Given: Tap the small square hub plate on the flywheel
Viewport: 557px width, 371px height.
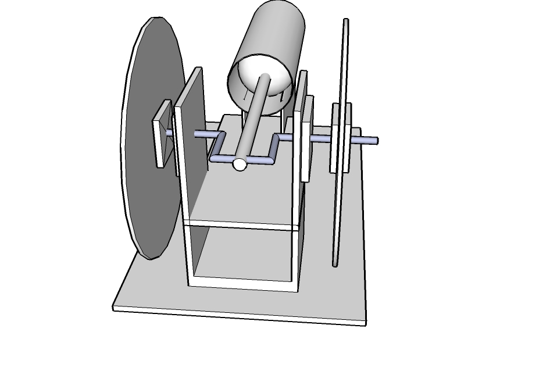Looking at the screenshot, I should [x=162, y=134].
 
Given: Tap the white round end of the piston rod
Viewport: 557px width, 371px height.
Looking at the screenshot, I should [x=239, y=165].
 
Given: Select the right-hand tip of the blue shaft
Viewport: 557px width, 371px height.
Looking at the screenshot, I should [x=375, y=141].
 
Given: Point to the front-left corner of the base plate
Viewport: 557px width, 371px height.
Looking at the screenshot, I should [x=115, y=308].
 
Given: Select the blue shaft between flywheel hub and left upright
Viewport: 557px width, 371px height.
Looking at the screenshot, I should [x=169, y=133].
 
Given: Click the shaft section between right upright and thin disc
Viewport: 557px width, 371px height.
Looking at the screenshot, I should [x=321, y=139].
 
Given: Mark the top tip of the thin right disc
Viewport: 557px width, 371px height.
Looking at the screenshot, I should [x=346, y=21].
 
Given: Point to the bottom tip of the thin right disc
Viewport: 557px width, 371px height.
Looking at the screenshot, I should [x=335, y=264].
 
